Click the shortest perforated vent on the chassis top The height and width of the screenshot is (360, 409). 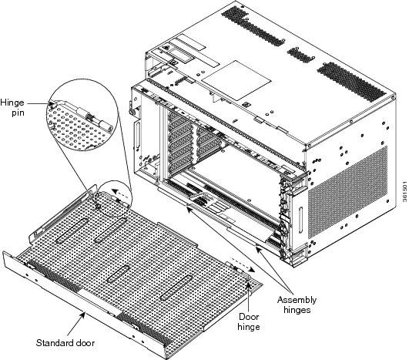click(300, 55)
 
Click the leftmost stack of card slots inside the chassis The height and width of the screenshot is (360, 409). click(174, 143)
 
